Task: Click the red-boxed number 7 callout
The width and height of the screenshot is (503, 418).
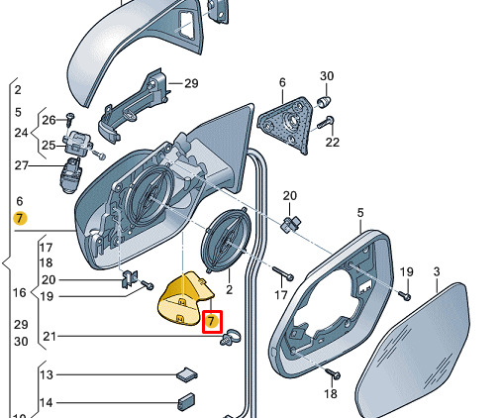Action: [x=212, y=321]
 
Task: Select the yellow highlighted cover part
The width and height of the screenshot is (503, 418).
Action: [x=184, y=299]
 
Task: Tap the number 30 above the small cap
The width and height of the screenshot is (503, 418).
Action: [x=327, y=76]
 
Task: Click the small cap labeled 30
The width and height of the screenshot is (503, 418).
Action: [x=324, y=101]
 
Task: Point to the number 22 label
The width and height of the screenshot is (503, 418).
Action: [x=332, y=142]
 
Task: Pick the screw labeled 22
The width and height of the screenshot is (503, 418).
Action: [x=326, y=123]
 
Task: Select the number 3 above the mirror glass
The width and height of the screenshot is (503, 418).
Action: [x=437, y=271]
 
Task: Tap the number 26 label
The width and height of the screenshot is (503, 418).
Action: [x=49, y=120]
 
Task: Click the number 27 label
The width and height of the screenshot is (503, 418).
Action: [x=22, y=165]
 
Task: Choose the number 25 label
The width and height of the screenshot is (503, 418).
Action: [x=49, y=145]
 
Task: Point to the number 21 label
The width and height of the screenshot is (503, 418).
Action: [x=50, y=336]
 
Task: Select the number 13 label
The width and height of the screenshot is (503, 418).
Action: [x=47, y=374]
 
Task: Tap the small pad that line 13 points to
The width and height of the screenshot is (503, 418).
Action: [x=187, y=374]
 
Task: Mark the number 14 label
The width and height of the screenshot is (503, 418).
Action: [x=47, y=402]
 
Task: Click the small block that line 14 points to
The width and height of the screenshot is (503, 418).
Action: [x=186, y=402]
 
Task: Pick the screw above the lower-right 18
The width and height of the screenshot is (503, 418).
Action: [x=333, y=373]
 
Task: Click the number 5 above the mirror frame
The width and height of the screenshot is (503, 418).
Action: [x=360, y=213]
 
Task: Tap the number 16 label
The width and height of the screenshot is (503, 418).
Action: [x=20, y=292]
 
